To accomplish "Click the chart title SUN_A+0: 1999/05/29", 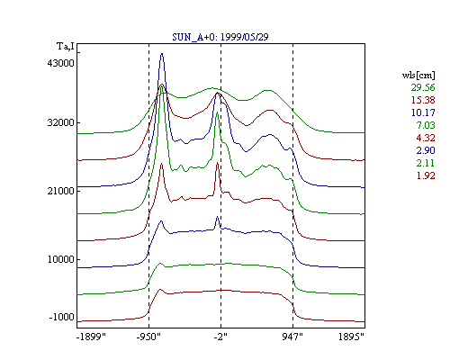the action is [220, 37].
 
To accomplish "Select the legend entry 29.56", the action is [423, 87].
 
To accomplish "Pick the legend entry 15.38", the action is [423, 100].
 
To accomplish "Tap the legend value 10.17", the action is [423, 112].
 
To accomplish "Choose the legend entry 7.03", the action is [426, 125].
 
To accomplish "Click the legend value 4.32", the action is [426, 138].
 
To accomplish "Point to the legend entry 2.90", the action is [426, 150].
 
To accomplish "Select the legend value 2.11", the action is [426, 163].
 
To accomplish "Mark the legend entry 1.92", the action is [426, 175].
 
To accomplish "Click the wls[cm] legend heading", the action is [418, 76].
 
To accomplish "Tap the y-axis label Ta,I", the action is [66, 47].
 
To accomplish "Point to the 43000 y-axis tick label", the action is [60, 63].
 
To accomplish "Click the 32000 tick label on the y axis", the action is [60, 122].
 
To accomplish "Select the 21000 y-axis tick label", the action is [60, 191].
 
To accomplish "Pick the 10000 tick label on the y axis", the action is [60, 259].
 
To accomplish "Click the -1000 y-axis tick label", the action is [61, 317].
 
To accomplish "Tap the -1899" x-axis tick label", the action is [92, 337].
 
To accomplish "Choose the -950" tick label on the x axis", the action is [148, 337].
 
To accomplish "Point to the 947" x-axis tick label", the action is [292, 337].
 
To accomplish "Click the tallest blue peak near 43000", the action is [162, 54].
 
